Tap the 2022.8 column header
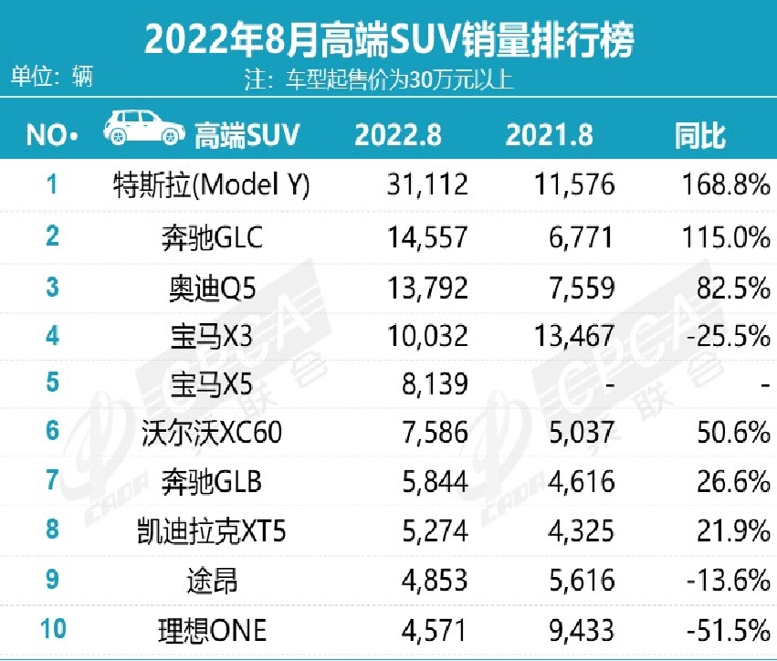click(x=398, y=136)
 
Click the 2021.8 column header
click(x=549, y=136)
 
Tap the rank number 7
click(x=52, y=480)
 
